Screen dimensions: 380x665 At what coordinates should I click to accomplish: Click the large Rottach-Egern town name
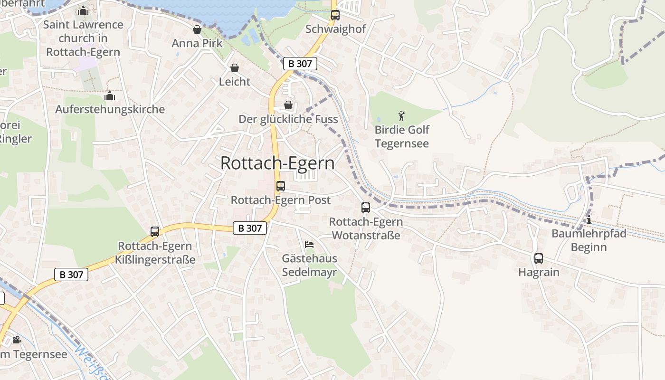tap(277, 163)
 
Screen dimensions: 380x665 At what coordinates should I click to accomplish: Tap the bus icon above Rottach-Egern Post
tap(281, 186)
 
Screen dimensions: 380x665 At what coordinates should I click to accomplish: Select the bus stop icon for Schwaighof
tap(335, 15)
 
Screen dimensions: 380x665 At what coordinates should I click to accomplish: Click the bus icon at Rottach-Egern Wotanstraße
tap(366, 207)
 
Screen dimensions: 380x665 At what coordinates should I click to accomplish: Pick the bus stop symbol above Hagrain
tap(538, 258)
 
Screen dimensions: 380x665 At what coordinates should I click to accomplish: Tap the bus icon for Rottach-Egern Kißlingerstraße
tap(155, 231)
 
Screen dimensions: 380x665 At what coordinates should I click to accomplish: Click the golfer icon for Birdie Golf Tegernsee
tap(401, 115)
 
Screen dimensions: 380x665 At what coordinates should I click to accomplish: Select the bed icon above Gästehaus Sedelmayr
tap(309, 245)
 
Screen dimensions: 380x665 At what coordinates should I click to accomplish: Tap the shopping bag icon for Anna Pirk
tap(197, 29)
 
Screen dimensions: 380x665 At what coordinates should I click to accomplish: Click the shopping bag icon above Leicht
tap(234, 68)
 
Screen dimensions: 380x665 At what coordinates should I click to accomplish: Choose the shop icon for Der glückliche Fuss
tap(288, 105)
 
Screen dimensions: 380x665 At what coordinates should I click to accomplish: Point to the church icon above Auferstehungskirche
tap(110, 95)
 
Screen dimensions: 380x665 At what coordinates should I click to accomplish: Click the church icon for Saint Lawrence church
tap(83, 10)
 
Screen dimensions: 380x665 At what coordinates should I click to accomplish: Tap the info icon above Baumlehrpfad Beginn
tap(589, 219)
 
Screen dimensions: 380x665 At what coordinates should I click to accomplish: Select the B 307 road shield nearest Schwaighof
tap(300, 64)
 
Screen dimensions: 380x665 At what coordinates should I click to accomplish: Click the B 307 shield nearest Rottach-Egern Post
tap(250, 228)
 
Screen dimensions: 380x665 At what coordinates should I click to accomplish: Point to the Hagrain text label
tap(539, 272)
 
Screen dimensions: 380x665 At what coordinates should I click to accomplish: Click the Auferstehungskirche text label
tap(110, 109)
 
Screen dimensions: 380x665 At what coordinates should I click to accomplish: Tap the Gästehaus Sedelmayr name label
tap(309, 265)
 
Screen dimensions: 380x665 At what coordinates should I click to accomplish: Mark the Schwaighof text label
tap(335, 29)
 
